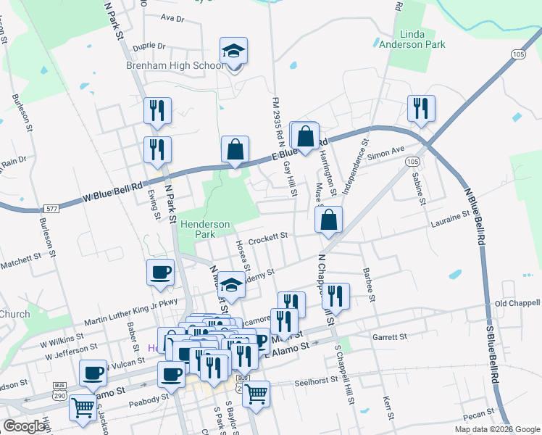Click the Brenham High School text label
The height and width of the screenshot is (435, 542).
pyautogui.click(x=185, y=66)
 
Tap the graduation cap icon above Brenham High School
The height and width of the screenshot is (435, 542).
pyautogui.click(x=234, y=51)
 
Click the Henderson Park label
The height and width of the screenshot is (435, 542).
pyautogui.click(x=205, y=229)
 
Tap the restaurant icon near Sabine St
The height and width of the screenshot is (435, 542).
pyautogui.click(x=421, y=109)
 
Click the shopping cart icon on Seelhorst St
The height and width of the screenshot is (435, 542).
pyautogui.click(x=255, y=394)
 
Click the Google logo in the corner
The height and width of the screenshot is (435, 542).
pyautogui.click(x=24, y=426)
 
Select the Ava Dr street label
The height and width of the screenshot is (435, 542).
pyautogui.click(x=172, y=17)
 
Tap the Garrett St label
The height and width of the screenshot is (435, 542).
pyautogui.click(x=390, y=337)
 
